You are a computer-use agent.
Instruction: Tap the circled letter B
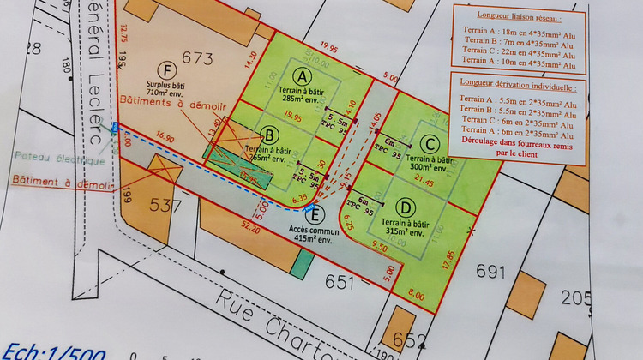tap(268, 135)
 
